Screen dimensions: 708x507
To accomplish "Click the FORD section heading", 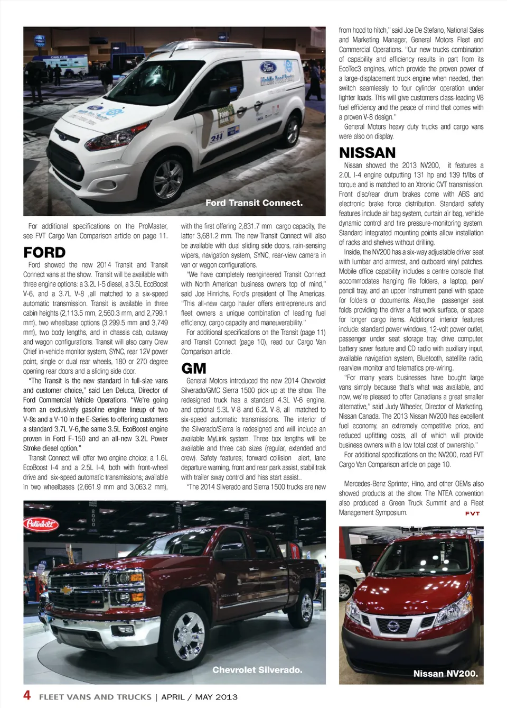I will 44,252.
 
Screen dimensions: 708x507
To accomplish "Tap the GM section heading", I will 193,368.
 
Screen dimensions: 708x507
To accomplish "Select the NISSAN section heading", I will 367,153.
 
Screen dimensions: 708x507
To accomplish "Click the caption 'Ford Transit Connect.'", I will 254,203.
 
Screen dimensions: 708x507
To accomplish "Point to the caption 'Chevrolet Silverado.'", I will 257,670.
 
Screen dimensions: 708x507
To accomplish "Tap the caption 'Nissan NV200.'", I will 445,674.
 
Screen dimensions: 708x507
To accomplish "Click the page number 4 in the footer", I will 27,695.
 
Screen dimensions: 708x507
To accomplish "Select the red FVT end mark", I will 472,513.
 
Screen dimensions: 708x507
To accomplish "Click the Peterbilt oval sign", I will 41,524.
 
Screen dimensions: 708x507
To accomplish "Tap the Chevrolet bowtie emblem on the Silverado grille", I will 66,590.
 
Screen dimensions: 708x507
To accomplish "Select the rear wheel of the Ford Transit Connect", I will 292,131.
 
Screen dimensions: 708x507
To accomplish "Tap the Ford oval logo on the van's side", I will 268,67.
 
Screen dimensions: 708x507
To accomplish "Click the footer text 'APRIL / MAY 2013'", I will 199,697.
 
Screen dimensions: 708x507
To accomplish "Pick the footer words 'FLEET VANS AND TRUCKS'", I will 95,697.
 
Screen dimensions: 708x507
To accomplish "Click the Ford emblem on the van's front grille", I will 61,136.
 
